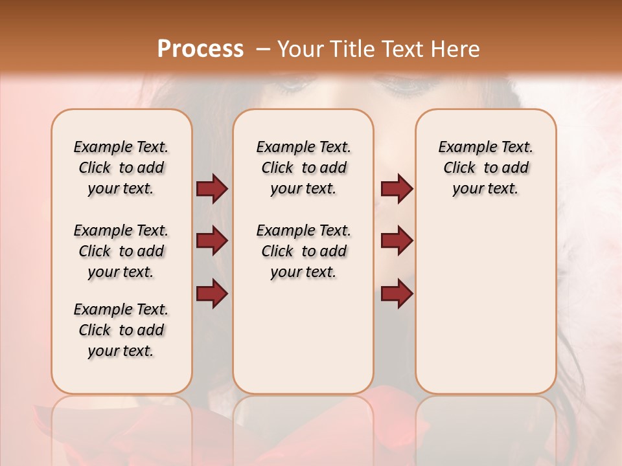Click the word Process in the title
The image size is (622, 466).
tap(200, 49)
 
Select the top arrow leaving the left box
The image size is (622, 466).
tap(212, 189)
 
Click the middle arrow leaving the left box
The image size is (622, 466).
tap(212, 241)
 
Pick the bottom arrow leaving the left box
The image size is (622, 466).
tap(212, 294)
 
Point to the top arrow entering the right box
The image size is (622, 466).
tap(397, 189)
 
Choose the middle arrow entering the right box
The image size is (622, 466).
tap(397, 241)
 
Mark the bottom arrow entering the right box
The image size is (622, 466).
tap(397, 294)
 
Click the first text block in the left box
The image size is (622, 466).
tap(121, 168)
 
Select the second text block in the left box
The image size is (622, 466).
tap(121, 251)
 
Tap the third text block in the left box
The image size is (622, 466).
tap(121, 330)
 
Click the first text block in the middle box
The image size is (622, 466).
tap(303, 168)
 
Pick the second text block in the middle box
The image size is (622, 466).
tap(303, 251)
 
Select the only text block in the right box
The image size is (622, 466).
tap(485, 168)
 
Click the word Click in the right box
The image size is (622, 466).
tap(459, 168)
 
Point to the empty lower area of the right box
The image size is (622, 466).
tap(485, 304)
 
